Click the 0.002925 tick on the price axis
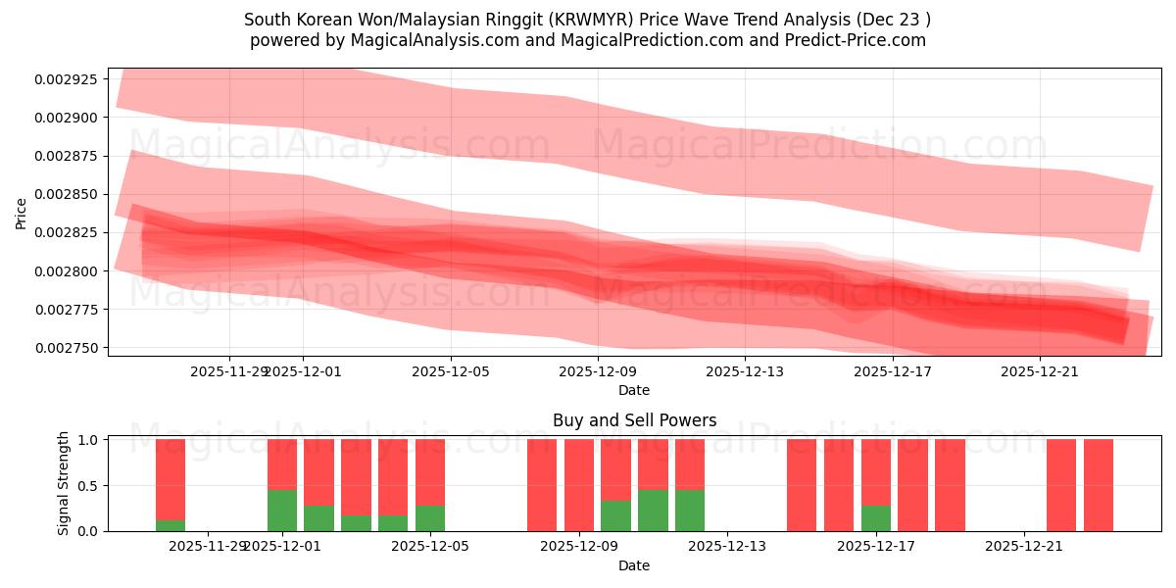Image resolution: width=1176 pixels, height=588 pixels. click(72, 78)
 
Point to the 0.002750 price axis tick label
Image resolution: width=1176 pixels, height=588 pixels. click(72, 348)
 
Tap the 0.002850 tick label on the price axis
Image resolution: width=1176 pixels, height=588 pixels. click(72, 194)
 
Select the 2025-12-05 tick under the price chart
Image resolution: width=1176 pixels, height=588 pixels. click(451, 371)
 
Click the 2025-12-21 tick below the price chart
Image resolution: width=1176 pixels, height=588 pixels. click(1040, 371)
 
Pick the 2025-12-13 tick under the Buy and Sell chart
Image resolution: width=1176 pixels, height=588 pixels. click(728, 547)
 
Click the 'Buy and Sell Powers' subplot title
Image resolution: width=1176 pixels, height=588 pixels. click(634, 421)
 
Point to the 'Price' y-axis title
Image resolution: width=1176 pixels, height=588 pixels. click(22, 213)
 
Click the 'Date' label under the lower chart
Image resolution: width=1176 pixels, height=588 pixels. click(634, 565)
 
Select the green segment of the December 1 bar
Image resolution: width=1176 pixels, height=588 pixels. click(282, 510)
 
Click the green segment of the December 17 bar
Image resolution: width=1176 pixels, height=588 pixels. click(876, 517)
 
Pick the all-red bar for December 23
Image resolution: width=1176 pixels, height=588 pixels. click(1099, 485)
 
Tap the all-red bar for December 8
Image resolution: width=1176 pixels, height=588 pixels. click(542, 485)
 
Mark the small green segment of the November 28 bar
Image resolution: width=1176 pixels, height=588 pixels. click(171, 525)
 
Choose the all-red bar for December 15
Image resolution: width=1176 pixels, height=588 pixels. click(802, 485)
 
